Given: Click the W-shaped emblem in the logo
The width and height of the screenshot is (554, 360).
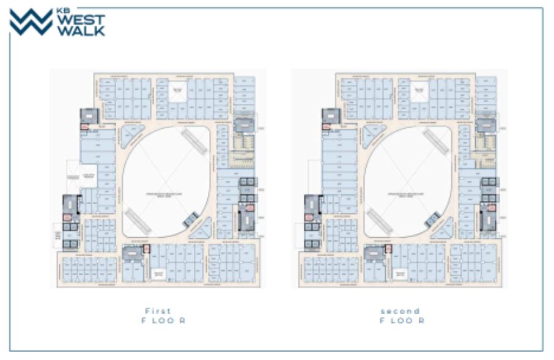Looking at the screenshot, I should pyautogui.click(x=31, y=23).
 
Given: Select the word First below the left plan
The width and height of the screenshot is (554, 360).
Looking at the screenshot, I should pyautogui.click(x=158, y=311).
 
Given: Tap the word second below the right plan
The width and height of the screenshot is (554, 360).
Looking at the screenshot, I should pyautogui.click(x=400, y=311).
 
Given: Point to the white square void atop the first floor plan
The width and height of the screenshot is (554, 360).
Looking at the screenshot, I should pyautogui.click(x=177, y=92).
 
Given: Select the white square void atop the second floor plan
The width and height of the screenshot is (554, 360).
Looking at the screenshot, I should pyautogui.click(x=419, y=92).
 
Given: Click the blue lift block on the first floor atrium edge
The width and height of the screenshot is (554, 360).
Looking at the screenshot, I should pyautogui.click(x=191, y=219).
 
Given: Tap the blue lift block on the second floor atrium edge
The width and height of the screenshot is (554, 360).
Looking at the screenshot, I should pyautogui.click(x=433, y=219).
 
